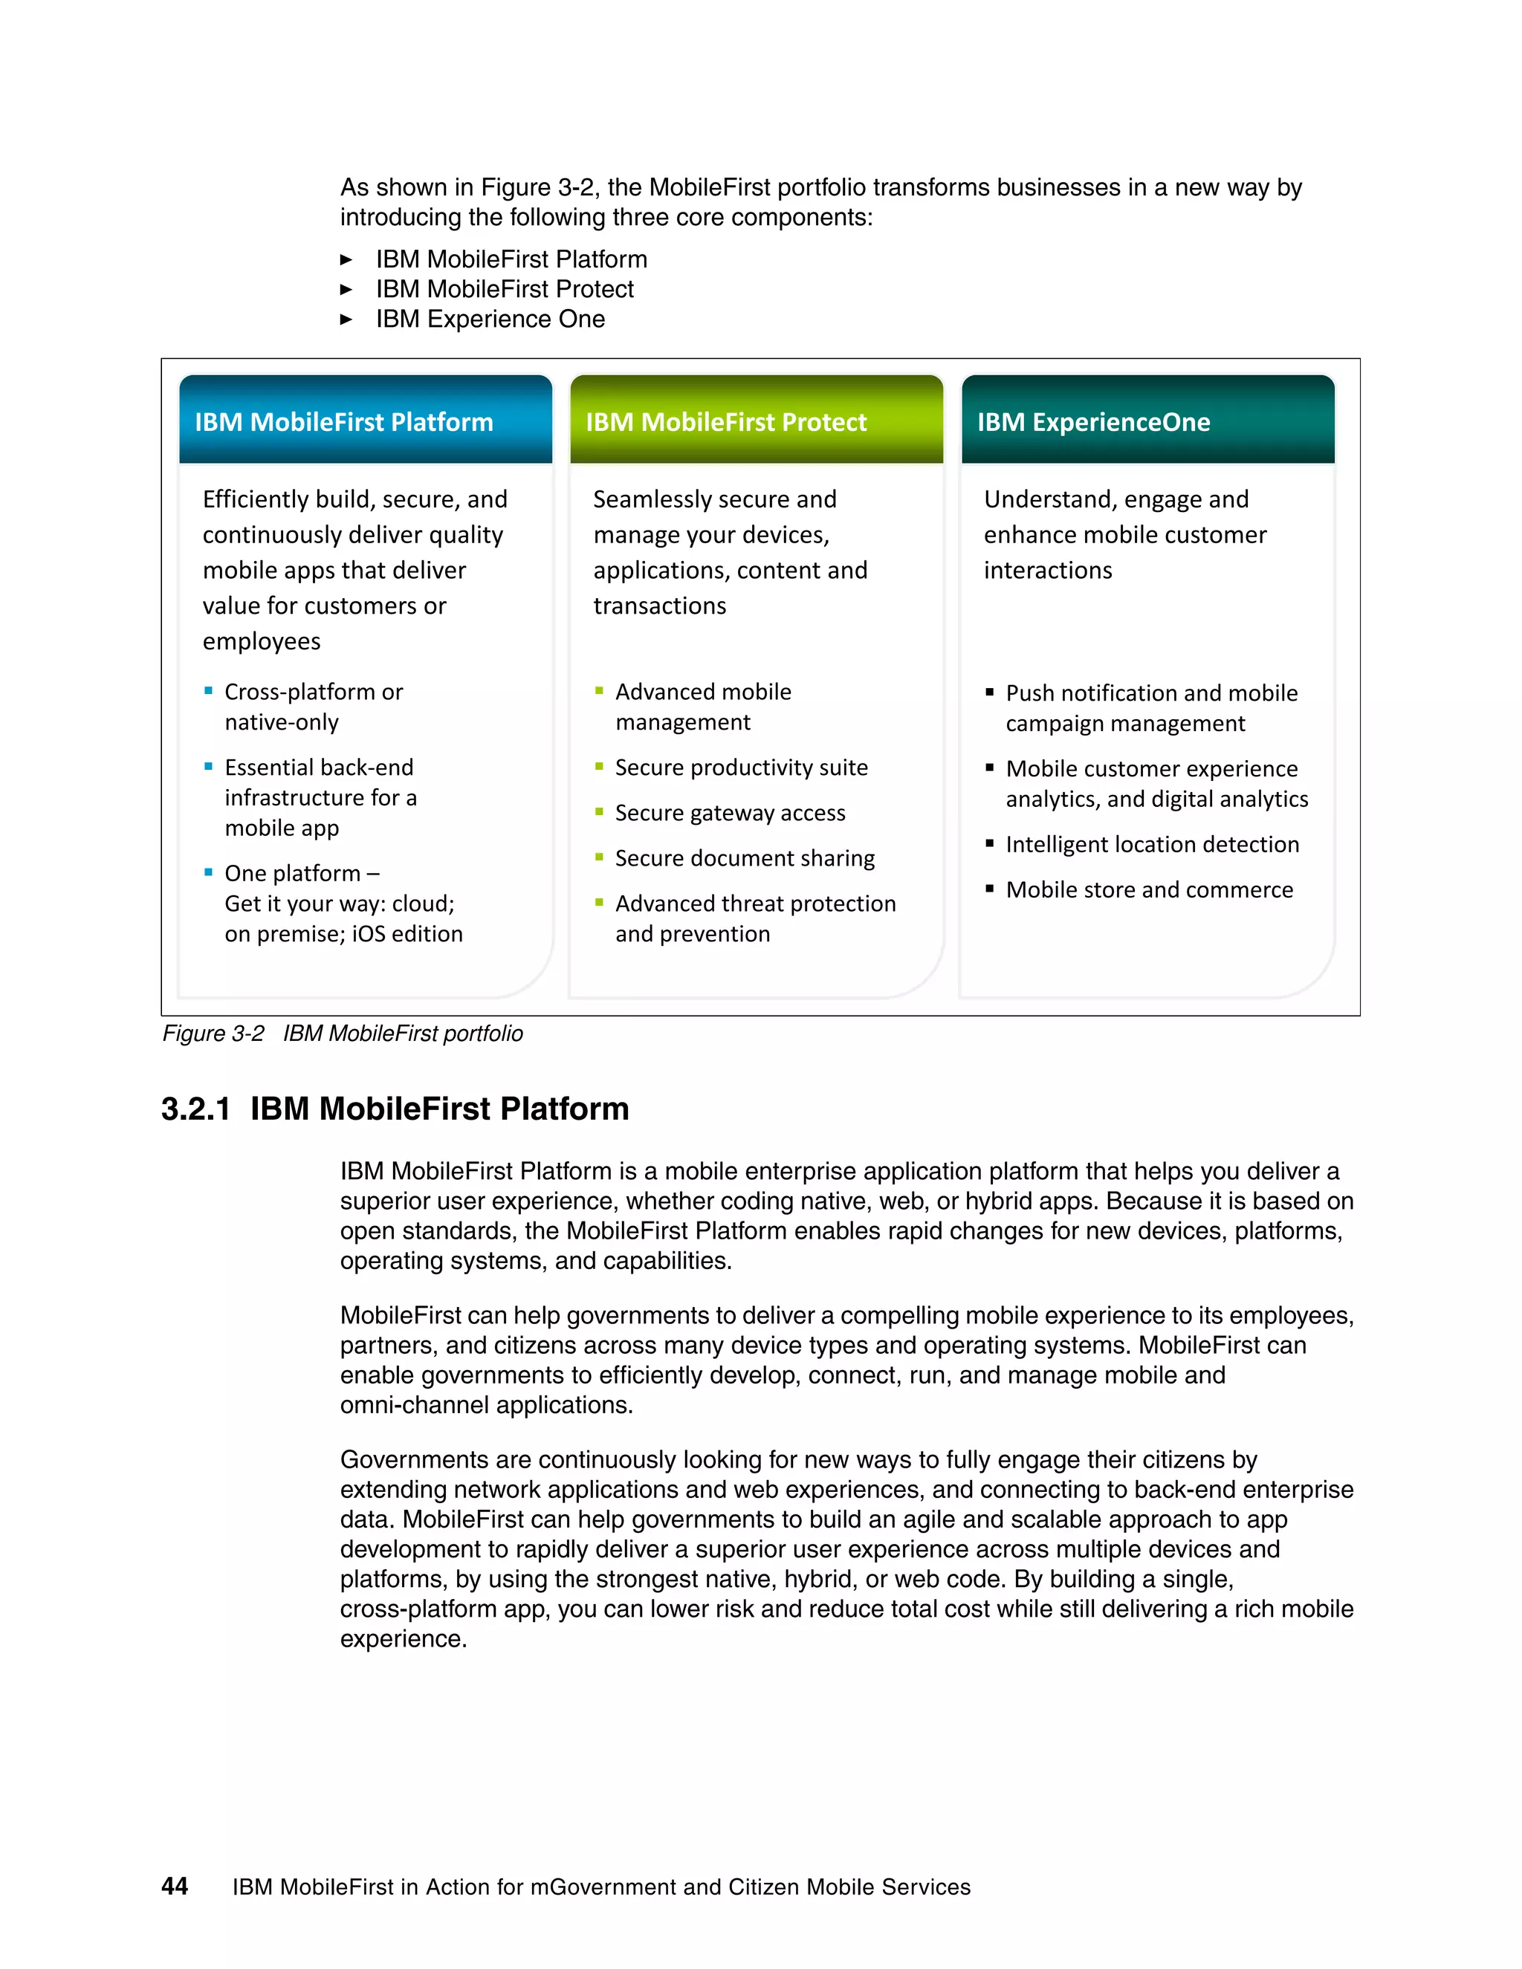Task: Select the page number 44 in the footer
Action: tap(174, 1886)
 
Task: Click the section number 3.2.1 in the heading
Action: tap(195, 1109)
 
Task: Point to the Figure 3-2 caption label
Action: tap(213, 1034)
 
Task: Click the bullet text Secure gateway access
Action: tap(730, 813)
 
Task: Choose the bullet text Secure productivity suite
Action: tap(741, 768)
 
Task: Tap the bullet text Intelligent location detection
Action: tap(1153, 845)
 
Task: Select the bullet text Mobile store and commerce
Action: tap(1149, 890)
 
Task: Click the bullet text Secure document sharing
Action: tap(745, 858)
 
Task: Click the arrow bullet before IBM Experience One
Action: tap(346, 319)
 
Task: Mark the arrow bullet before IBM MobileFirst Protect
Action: tap(346, 289)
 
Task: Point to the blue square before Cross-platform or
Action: tap(208, 690)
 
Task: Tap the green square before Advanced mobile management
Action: tap(599, 690)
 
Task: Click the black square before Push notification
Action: tap(989, 692)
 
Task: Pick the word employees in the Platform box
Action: tap(262, 641)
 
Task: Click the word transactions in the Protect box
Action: tap(659, 606)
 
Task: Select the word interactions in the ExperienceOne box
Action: tap(1048, 571)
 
